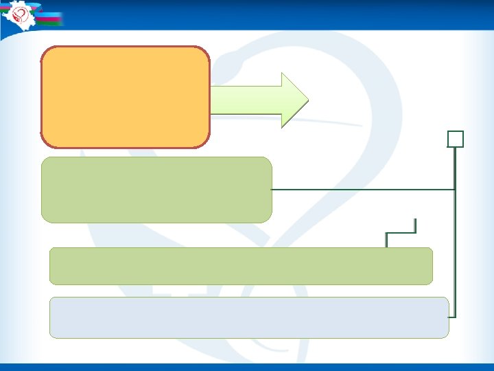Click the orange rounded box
pos(125,97)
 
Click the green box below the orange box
pos(156,190)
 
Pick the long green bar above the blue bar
pos(241,266)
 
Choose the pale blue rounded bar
pos(249,317)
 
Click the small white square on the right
pos(456,139)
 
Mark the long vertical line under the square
pos(455,234)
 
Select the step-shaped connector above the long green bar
pos(401,234)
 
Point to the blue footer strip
pos(247,367)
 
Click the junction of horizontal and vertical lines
pos(454,189)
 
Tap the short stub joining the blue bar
pos(451,317)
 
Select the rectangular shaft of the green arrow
pos(245,100)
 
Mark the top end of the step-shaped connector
pos(416,221)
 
